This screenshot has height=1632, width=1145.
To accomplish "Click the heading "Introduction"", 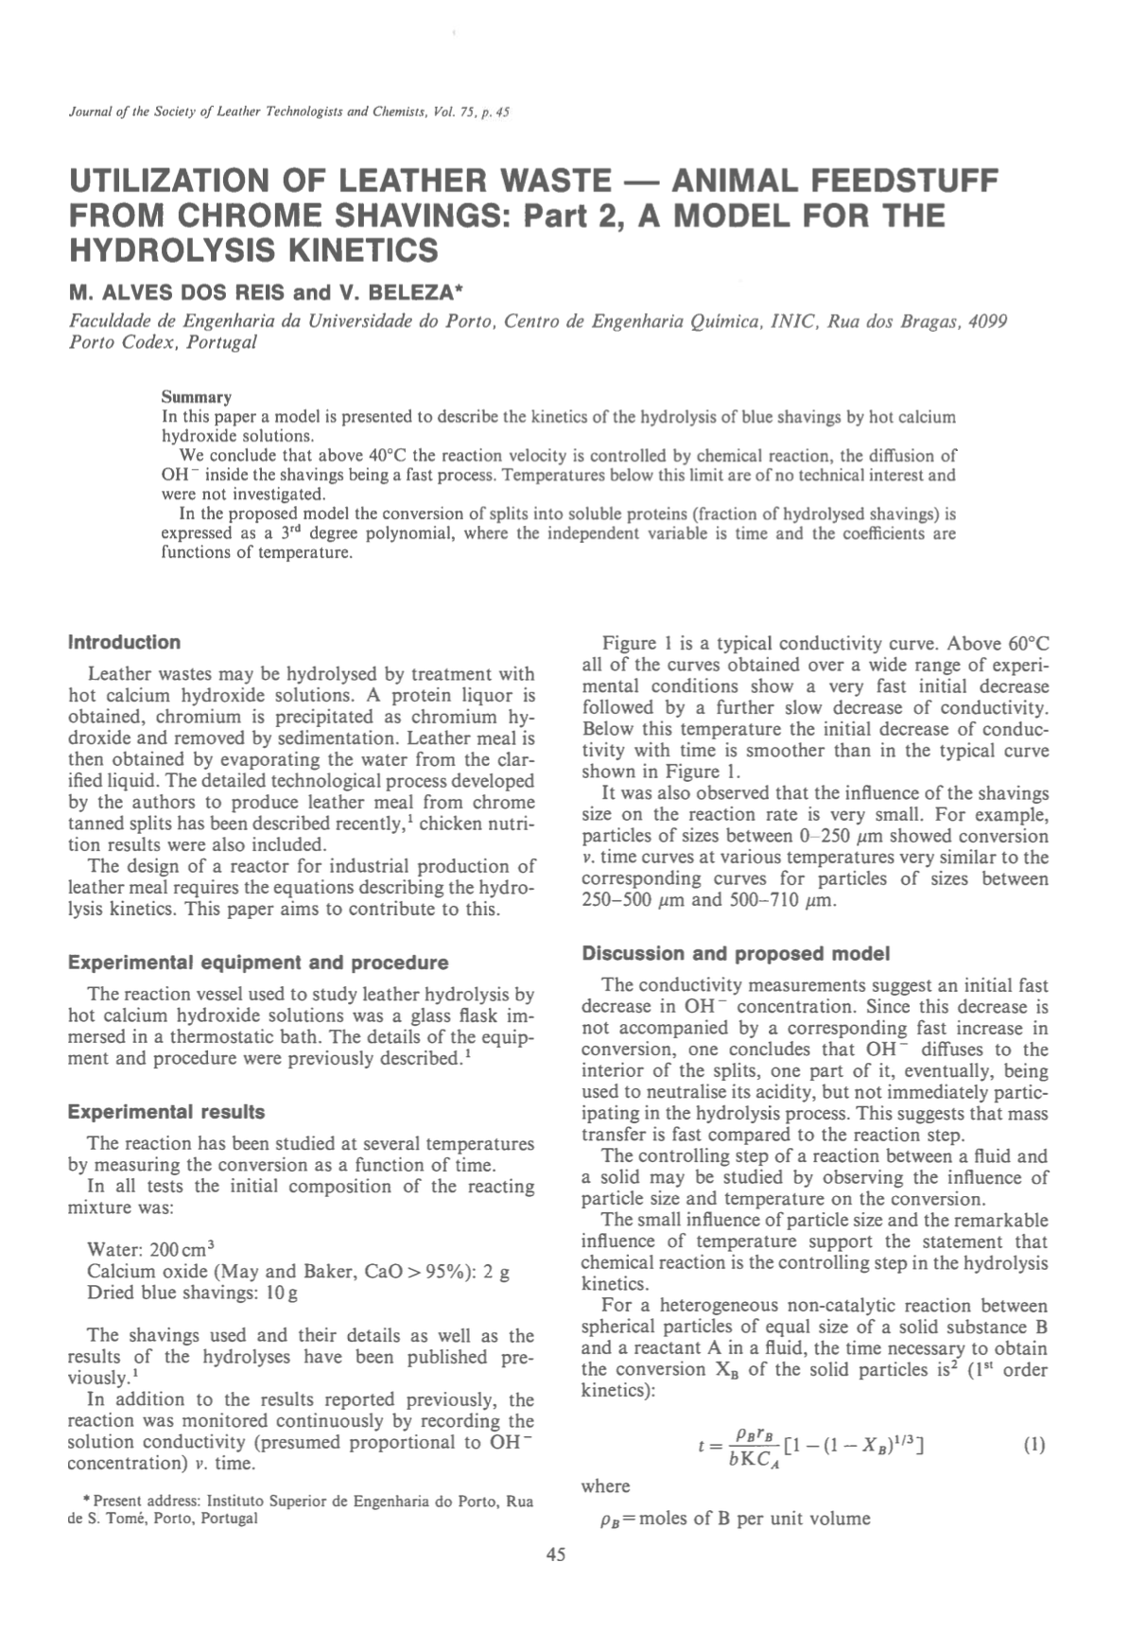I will pos(124,643).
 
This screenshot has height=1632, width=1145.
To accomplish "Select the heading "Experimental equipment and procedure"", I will pos(258,963).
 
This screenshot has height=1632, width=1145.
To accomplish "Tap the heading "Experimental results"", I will pos(166,1112).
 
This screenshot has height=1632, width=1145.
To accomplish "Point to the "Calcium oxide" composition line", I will pos(298,1272).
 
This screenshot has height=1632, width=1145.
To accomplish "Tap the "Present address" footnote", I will pos(302,1510).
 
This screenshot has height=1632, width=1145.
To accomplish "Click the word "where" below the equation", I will pos(605,1486).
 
